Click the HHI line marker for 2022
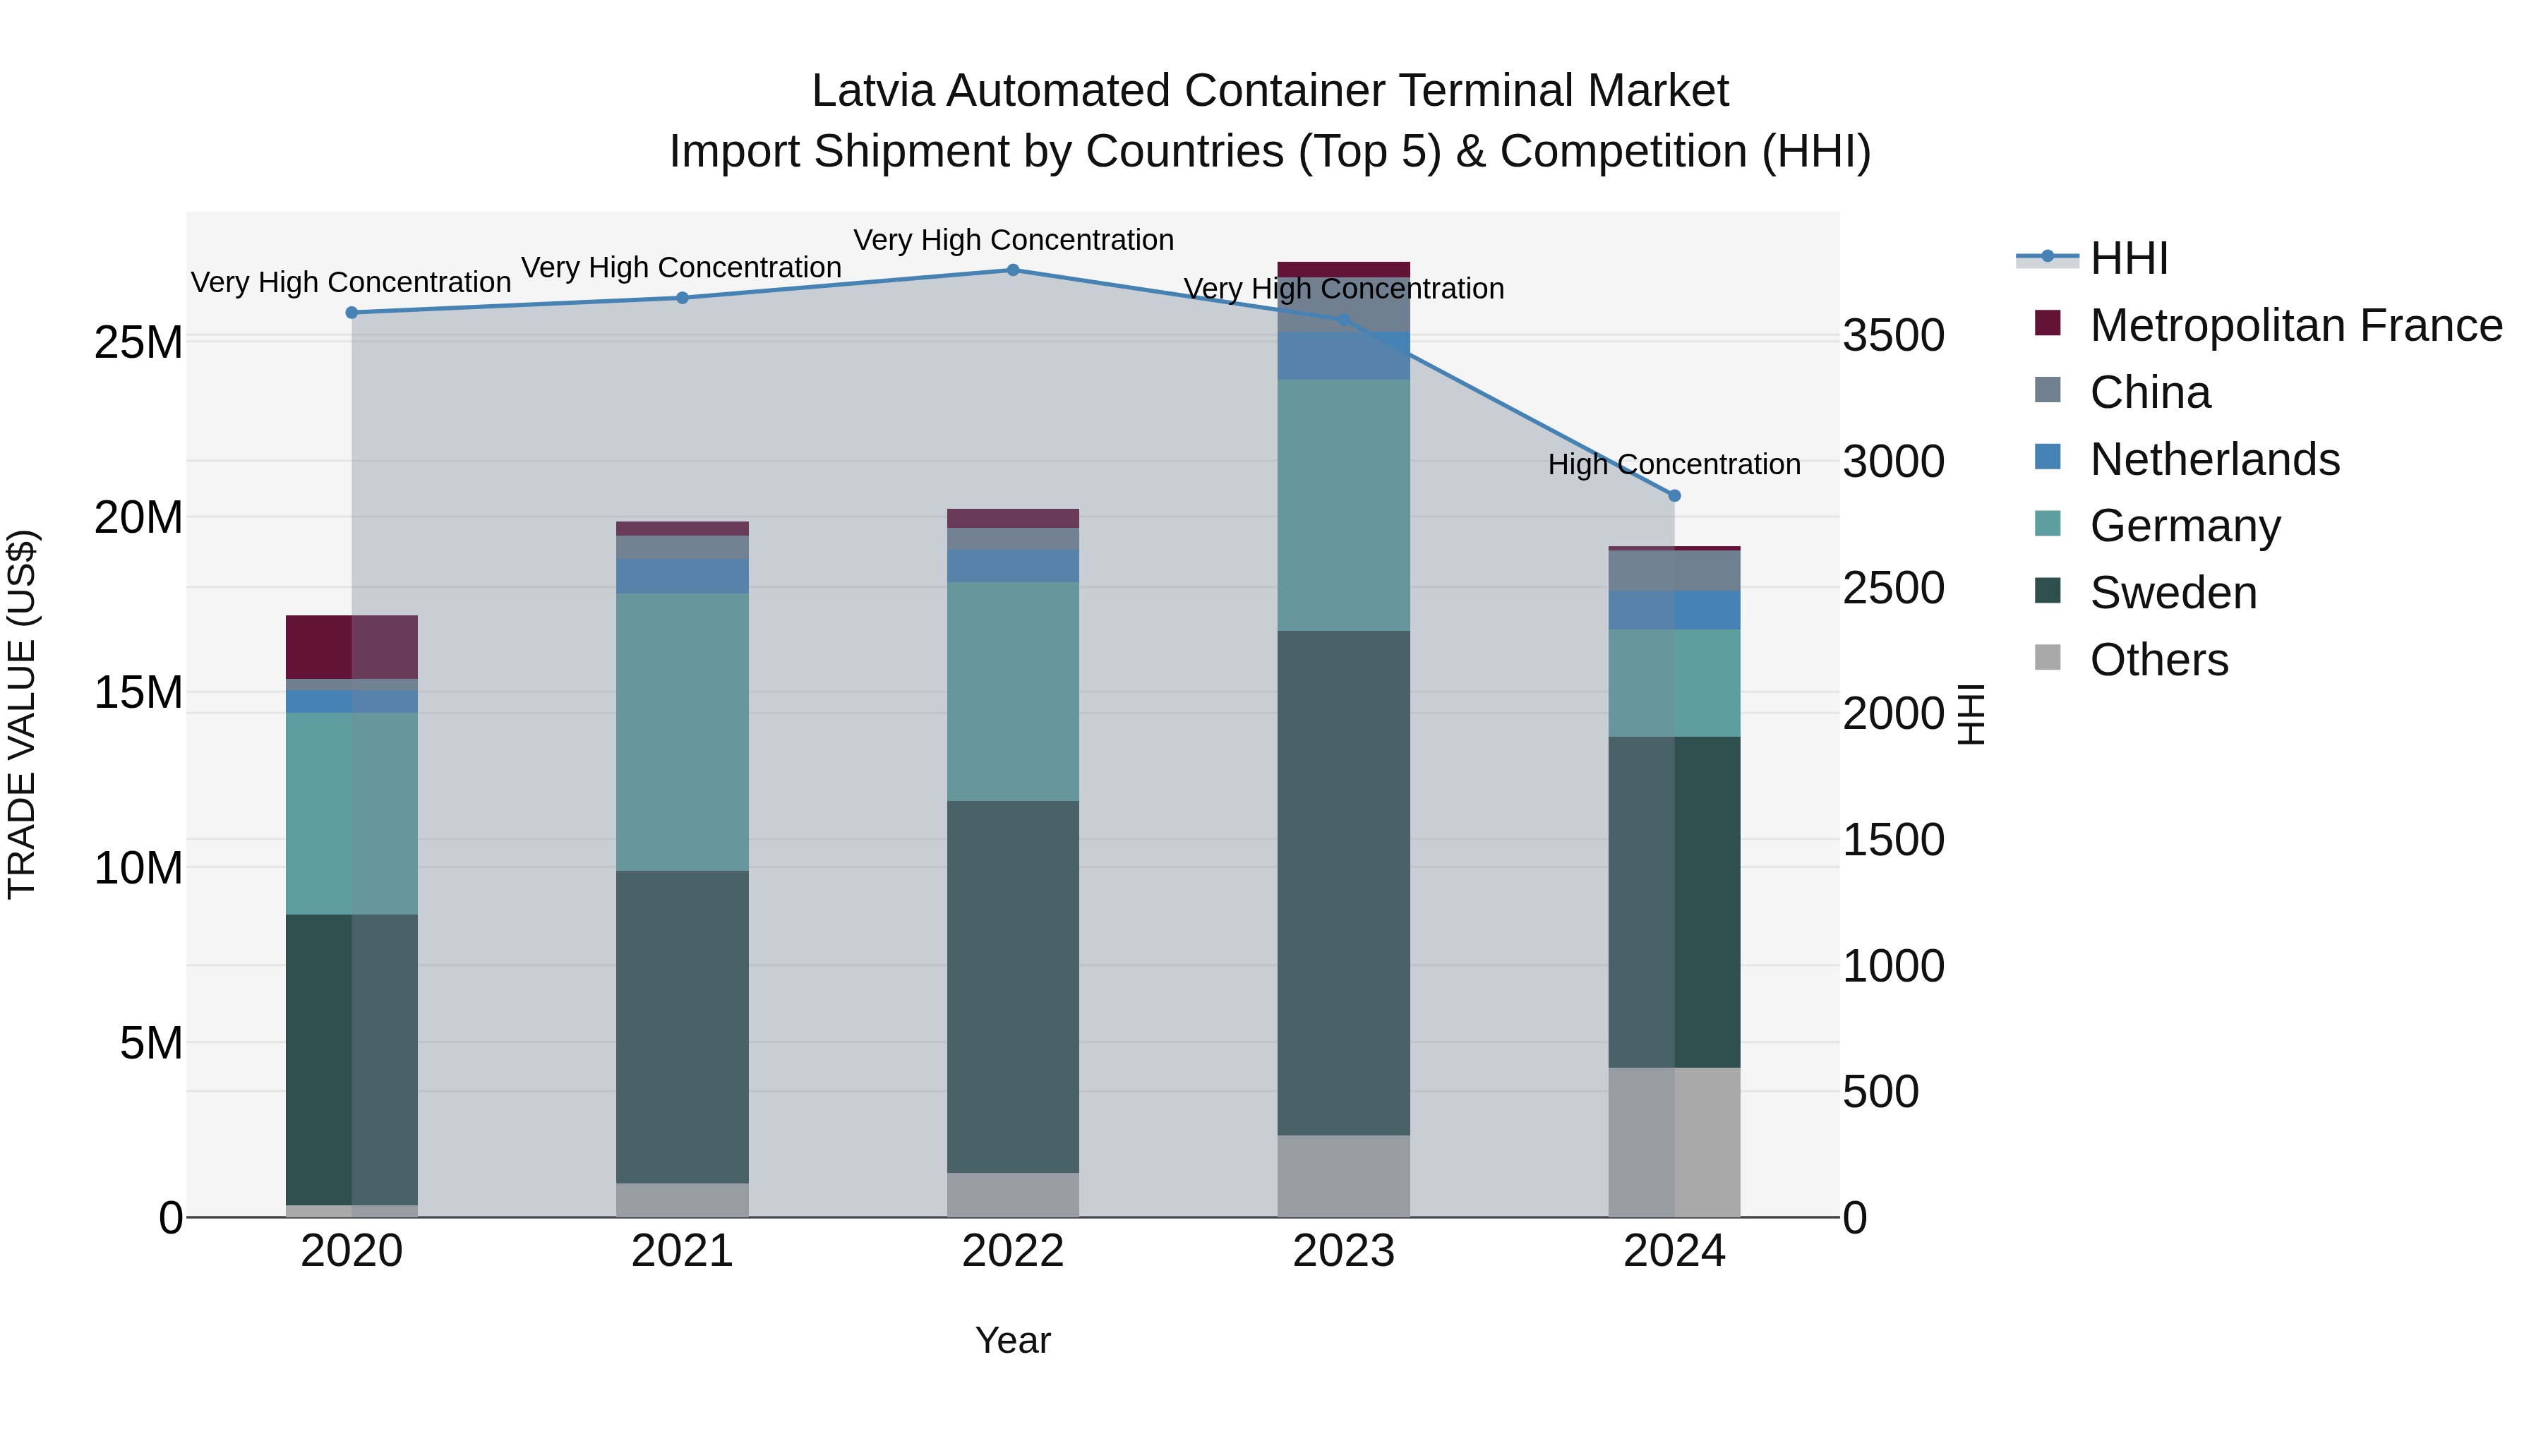(1013, 270)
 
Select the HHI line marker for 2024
(1674, 495)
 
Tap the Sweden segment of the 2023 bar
(1343, 883)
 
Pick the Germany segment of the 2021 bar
(683, 731)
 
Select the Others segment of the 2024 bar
(1674, 1141)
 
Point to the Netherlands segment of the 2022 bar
(1013, 565)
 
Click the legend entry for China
(2151, 392)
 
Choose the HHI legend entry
(2129, 258)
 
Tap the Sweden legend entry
(2173, 593)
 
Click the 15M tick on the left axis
(138, 692)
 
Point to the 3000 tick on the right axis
(1893, 462)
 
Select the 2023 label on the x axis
(1343, 1251)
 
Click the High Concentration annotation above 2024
(1674, 464)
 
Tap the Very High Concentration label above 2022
(1013, 240)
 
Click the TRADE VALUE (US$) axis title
(22, 714)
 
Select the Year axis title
(1013, 1340)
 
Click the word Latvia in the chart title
(873, 91)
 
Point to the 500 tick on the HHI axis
(1880, 1092)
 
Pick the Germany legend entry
(2185, 526)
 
